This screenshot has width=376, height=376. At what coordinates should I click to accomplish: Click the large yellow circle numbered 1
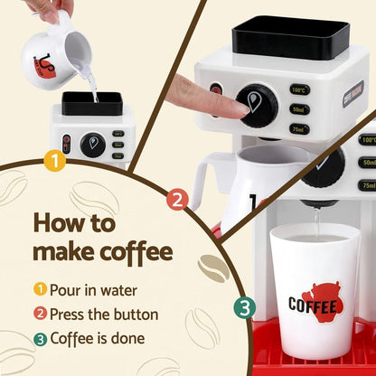pos(55,162)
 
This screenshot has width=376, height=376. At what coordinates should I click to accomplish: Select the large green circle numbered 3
pos(245,308)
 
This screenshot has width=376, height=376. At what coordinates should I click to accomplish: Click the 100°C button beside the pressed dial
pos(298,90)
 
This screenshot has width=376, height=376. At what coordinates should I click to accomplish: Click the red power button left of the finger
pos(218,89)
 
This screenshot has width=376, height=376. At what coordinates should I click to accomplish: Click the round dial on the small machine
pos(92,144)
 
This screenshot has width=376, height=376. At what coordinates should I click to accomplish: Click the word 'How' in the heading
pos(62,222)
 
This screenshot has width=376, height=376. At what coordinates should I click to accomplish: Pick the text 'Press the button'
pos(103,315)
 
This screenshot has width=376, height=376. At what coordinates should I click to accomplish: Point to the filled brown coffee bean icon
pos(213,267)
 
